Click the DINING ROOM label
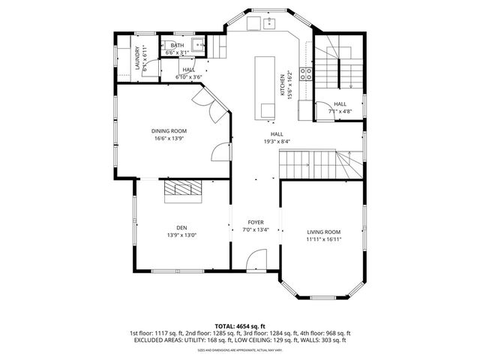click(169, 130)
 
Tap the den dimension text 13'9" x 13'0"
click(181, 235)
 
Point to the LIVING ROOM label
click(324, 232)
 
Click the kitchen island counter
click(266, 86)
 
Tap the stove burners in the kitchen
click(307, 73)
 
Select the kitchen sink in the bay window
click(270, 24)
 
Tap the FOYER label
click(256, 223)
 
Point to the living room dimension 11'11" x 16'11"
click(324, 239)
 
